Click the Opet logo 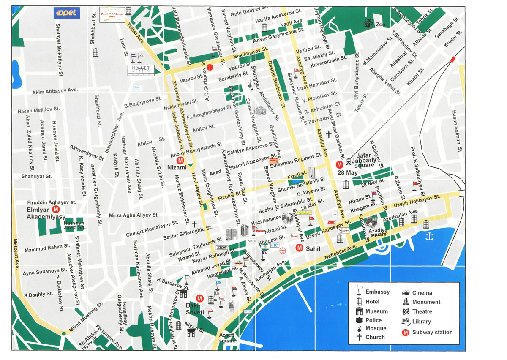tap(65, 13)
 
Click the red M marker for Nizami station tap(180, 161)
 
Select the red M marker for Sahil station tap(300, 248)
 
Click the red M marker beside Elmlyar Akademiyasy tap(56, 210)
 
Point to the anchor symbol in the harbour tap(430, 236)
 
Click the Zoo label tap(380, 25)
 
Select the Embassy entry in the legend tap(378, 292)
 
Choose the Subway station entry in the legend tap(432, 332)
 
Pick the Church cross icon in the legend tap(359, 337)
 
